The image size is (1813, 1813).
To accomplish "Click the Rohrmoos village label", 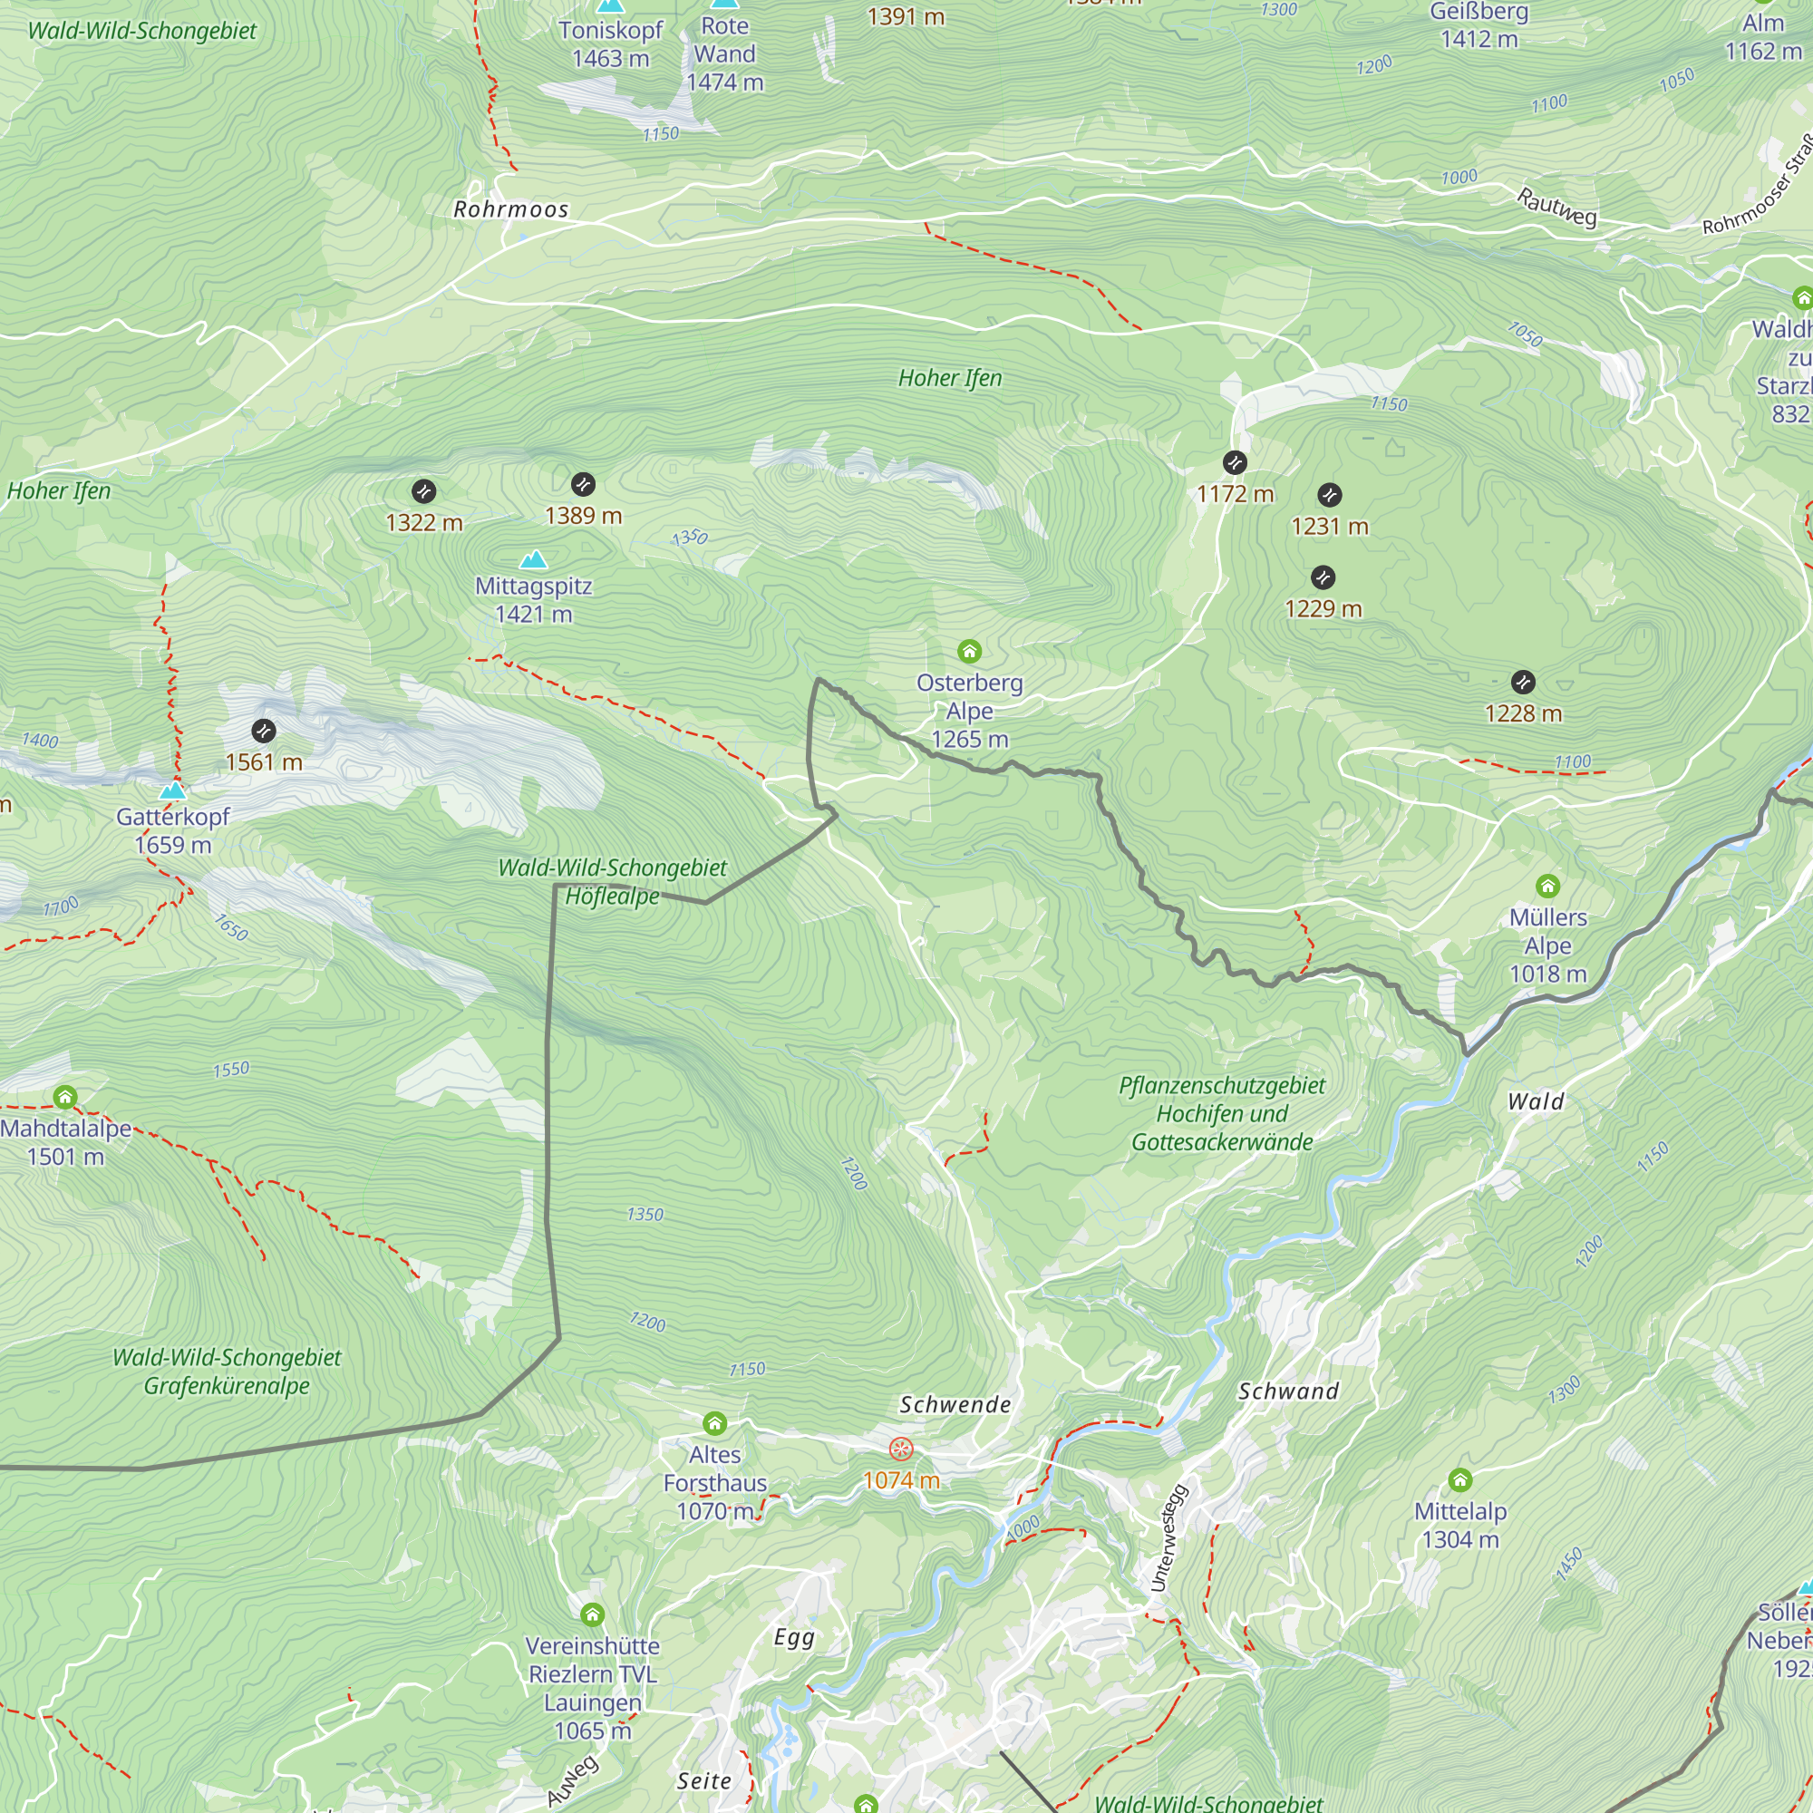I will [510, 209].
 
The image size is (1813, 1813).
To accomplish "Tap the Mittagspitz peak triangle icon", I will [534, 560].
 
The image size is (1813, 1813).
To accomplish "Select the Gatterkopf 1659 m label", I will [172, 830].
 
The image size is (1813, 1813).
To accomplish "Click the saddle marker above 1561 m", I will [264, 730].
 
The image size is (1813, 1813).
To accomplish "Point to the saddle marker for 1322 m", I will [423, 490].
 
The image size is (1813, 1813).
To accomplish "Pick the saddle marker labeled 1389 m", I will [583, 484].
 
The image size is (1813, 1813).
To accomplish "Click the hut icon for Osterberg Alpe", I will [969, 651].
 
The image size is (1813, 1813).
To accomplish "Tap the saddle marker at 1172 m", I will [1235, 462].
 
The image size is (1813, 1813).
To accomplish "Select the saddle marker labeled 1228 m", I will [1523, 683].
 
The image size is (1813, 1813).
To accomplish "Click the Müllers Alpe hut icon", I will [1547, 886].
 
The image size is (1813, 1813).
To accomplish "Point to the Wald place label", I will [1536, 1101].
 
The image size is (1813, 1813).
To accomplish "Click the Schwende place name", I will [955, 1405].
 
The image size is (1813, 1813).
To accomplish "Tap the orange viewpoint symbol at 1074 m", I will [901, 1449].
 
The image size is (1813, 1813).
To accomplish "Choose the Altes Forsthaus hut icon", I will [715, 1423].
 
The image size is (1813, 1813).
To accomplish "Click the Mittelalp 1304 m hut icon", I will [1460, 1480].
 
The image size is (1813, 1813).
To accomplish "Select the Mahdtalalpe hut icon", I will [64, 1097].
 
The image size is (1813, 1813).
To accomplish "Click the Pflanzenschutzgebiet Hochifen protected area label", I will [1222, 1114].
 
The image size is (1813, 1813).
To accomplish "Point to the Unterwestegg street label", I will [1169, 1539].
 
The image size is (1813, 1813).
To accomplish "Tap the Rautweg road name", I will [1556, 207].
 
